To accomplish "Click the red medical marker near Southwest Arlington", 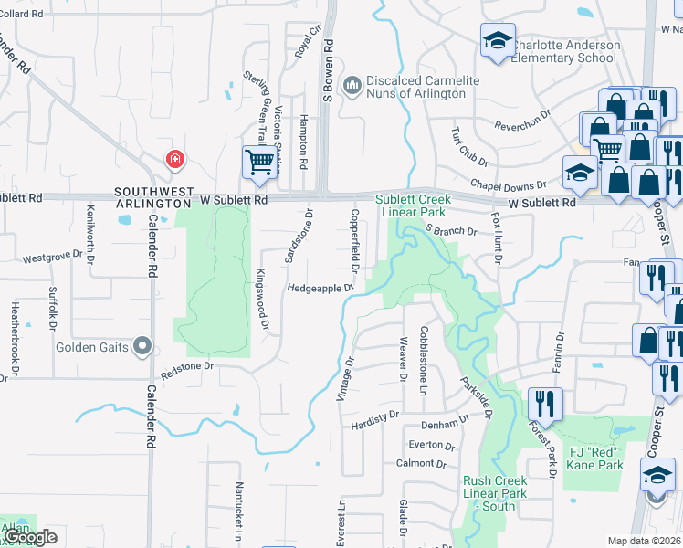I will (173, 161).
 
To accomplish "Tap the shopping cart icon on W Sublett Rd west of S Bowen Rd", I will (259, 163).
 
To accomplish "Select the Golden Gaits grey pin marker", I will (142, 346).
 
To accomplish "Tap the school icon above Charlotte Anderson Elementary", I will (499, 41).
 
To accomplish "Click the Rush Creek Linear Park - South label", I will (495, 493).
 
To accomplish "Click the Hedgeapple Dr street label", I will (320, 288).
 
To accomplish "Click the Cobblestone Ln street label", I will (423, 360).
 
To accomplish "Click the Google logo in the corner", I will (30, 538).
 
